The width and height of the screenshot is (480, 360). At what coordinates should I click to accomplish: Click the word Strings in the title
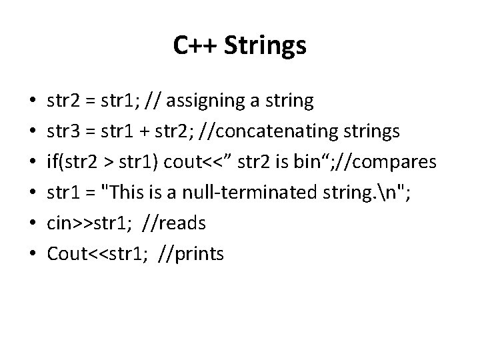[x=265, y=46]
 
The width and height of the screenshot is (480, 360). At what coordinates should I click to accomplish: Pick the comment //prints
[x=193, y=254]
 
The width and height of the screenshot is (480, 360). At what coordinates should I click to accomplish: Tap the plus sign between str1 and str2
[x=151, y=132]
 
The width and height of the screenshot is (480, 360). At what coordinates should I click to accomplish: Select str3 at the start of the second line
[x=62, y=132]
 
